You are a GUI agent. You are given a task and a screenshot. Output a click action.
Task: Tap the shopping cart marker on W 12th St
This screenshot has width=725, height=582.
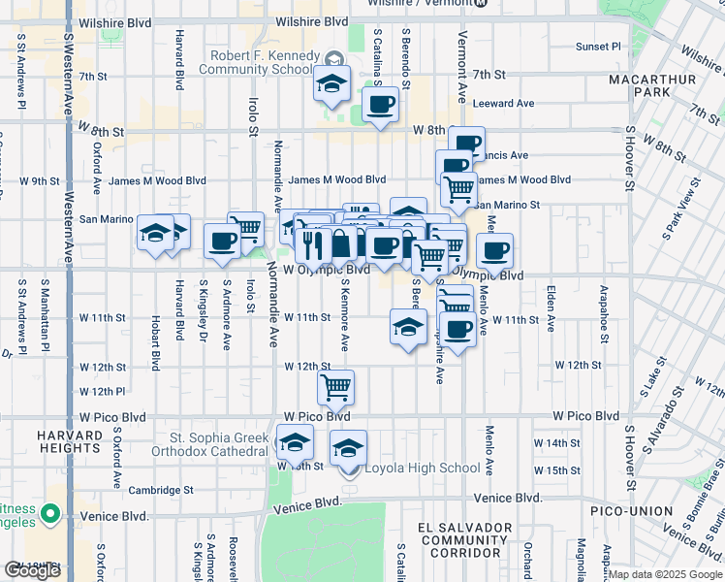point(336,387)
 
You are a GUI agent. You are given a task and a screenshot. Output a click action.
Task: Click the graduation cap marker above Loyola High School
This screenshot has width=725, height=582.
point(349,447)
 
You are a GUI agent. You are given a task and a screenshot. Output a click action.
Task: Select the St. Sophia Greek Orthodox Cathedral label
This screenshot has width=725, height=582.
point(210,443)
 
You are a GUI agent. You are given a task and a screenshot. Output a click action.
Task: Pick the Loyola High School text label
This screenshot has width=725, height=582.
point(422,469)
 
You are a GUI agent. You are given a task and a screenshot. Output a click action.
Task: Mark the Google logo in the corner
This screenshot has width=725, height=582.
point(33,570)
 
